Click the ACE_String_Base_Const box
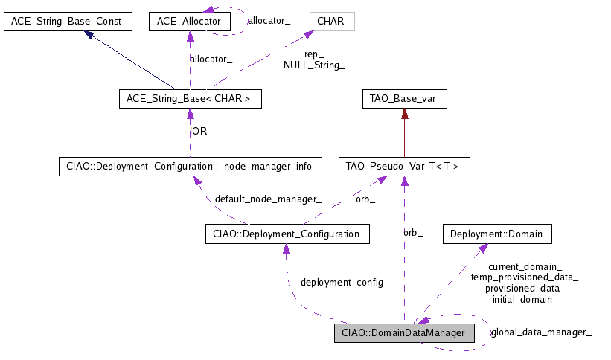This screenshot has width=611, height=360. click(x=68, y=21)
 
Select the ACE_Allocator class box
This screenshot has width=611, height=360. click(x=189, y=21)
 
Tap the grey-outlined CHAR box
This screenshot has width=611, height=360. click(x=330, y=21)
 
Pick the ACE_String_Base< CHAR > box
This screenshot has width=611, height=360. click(x=190, y=98)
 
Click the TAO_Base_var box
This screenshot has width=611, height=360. click(x=403, y=98)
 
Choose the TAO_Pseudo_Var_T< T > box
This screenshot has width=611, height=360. click(x=403, y=167)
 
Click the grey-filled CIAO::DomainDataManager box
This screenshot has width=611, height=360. click(x=403, y=332)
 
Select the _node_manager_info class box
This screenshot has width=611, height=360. click(x=190, y=167)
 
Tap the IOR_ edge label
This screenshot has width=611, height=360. click(x=201, y=132)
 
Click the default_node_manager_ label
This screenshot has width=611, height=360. click(x=268, y=199)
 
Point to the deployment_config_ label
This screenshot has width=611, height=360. click(x=344, y=283)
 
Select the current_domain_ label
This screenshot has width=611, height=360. click(x=525, y=266)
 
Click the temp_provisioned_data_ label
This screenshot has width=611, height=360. click(x=525, y=277)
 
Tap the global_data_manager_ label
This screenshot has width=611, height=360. click(x=541, y=332)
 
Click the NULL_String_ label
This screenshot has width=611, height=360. click(x=314, y=65)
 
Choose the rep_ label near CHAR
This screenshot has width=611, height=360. click(x=314, y=54)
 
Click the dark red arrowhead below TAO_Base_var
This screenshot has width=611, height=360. click(x=403, y=114)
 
